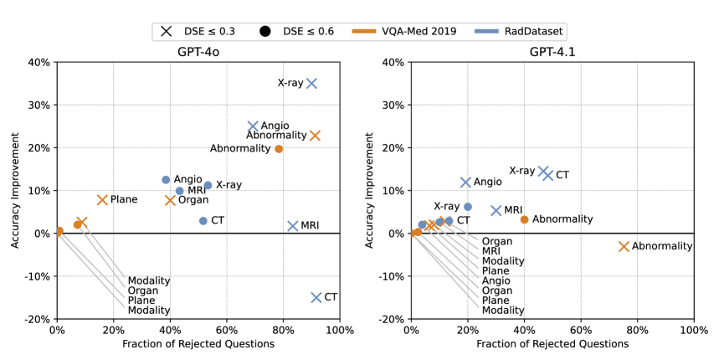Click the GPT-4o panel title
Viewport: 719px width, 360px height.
pyautogui.click(x=198, y=51)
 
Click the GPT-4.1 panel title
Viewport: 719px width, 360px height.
pyautogui.click(x=552, y=51)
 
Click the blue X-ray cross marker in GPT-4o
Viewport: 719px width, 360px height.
pyautogui.click(x=311, y=83)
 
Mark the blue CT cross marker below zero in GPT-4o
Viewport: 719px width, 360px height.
pyautogui.click(x=316, y=297)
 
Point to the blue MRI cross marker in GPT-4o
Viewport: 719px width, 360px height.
pyautogui.click(x=293, y=226)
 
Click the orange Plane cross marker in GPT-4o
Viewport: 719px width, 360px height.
pyautogui.click(x=102, y=200)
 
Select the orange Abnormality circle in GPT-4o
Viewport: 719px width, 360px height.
pyautogui.click(x=279, y=149)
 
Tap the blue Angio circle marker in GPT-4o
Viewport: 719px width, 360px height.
pyautogui.click(x=166, y=180)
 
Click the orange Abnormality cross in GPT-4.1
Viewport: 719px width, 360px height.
pyautogui.click(x=624, y=246)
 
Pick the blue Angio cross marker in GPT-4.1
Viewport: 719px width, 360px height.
pyautogui.click(x=466, y=182)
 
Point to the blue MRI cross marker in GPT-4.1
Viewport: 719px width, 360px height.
pyautogui.click(x=496, y=211)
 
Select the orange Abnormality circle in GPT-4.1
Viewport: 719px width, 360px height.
pyautogui.click(x=524, y=219)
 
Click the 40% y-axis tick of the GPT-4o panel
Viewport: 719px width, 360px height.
pyautogui.click(x=38, y=62)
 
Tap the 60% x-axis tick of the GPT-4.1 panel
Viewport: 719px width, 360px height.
pyautogui.click(x=580, y=330)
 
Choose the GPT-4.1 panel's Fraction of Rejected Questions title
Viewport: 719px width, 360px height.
pyautogui.click(x=552, y=344)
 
